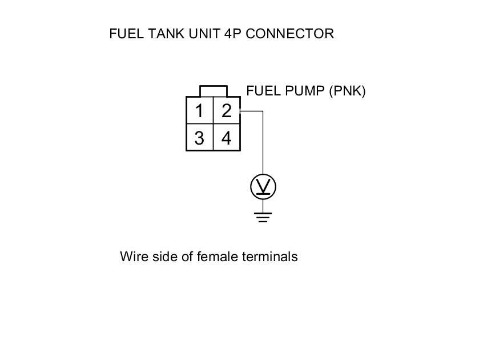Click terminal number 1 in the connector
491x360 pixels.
pyautogui.click(x=199, y=110)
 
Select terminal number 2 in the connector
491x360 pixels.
pyautogui.click(x=227, y=110)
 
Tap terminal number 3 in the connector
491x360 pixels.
pyautogui.click(x=199, y=138)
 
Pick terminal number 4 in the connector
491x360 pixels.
pyautogui.click(x=227, y=138)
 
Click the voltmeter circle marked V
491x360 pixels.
pyautogui.click(x=263, y=186)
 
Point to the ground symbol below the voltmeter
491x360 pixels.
pyautogui.click(x=263, y=217)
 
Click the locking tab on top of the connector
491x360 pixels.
pyautogui.click(x=214, y=91)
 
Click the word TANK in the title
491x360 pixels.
pyautogui.click(x=162, y=34)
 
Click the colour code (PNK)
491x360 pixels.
pyautogui.click(x=347, y=91)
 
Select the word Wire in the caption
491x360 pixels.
pyautogui.click(x=132, y=257)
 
